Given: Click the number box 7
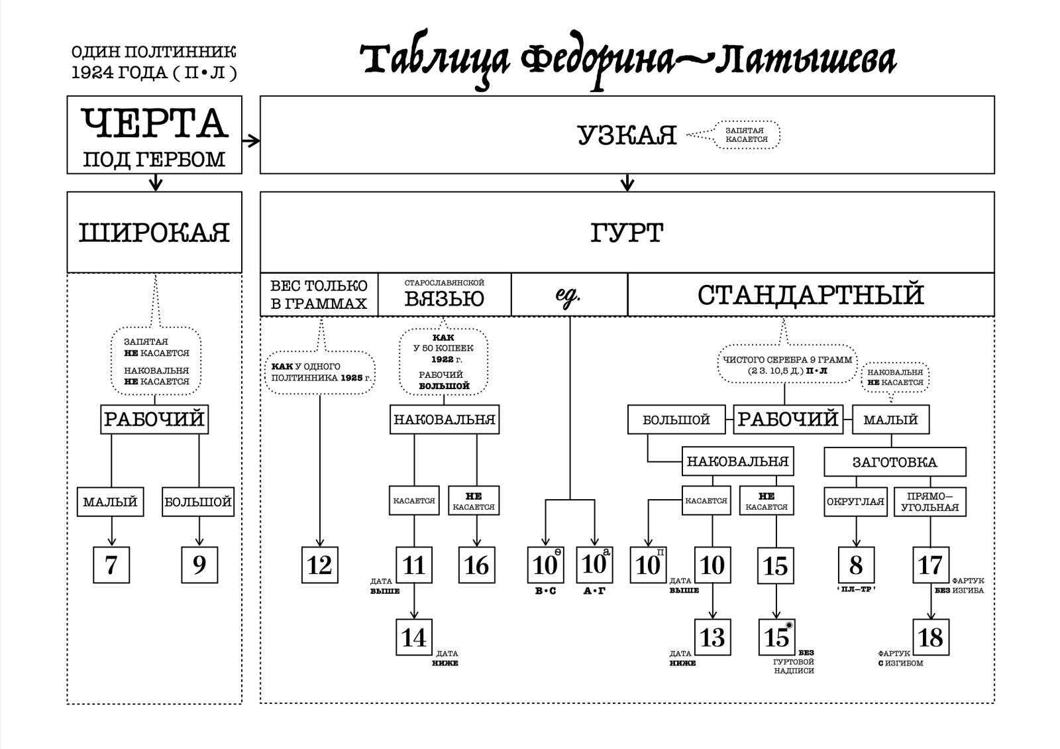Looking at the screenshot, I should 111,565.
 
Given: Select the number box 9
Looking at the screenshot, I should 199,565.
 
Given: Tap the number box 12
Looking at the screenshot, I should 320,565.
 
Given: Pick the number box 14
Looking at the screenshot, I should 414,637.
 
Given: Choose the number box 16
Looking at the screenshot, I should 476,565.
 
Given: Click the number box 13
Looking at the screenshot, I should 712,637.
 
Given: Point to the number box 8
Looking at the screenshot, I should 856,565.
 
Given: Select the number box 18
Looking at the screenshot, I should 931,637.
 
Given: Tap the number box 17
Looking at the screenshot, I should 931,565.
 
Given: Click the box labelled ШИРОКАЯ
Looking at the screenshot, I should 154,233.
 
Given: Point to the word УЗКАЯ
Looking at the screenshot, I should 627,136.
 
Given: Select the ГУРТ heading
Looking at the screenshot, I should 627,233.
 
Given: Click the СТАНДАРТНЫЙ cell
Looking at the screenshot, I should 810,295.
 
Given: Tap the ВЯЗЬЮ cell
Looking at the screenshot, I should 445,295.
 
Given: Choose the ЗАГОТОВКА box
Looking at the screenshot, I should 894,462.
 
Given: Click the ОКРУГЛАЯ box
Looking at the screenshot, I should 855,502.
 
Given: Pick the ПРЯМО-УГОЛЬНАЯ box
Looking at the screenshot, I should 930,502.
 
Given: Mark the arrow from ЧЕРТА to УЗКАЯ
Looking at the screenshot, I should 251,141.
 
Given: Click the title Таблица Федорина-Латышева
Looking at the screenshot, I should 628,61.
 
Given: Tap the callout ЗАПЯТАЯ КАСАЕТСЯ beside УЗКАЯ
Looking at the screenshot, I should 746,135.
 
